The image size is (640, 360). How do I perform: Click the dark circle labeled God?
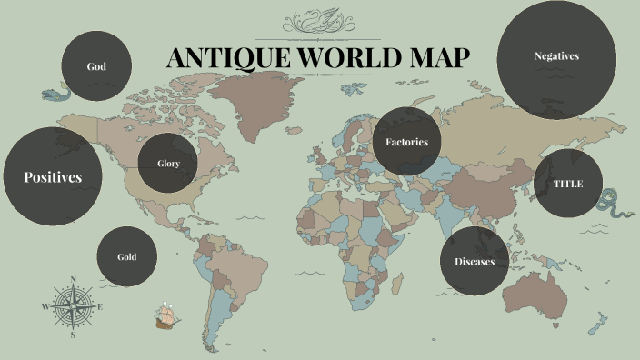96,66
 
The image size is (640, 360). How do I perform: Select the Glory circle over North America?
168,164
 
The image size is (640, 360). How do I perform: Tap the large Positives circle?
53,176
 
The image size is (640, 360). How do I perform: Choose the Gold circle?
126,256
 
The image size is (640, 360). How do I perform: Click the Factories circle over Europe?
406,142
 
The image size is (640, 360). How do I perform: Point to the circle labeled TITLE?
568,184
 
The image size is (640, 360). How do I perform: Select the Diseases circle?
475,262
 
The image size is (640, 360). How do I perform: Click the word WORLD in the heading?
343,58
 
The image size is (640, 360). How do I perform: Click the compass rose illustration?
73,306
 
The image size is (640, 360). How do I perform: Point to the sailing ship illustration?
166,315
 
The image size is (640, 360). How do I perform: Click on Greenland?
269,100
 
